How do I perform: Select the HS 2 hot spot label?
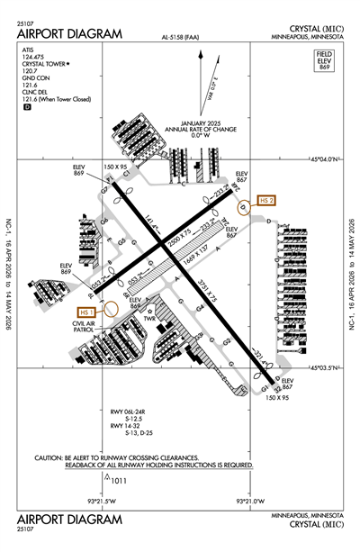[265, 199]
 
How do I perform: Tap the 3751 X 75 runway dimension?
[218, 294]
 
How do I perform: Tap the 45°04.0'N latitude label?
[321, 158]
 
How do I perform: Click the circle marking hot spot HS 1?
[112, 307]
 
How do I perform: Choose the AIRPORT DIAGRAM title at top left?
[68, 33]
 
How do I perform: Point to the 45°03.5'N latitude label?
[322, 367]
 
